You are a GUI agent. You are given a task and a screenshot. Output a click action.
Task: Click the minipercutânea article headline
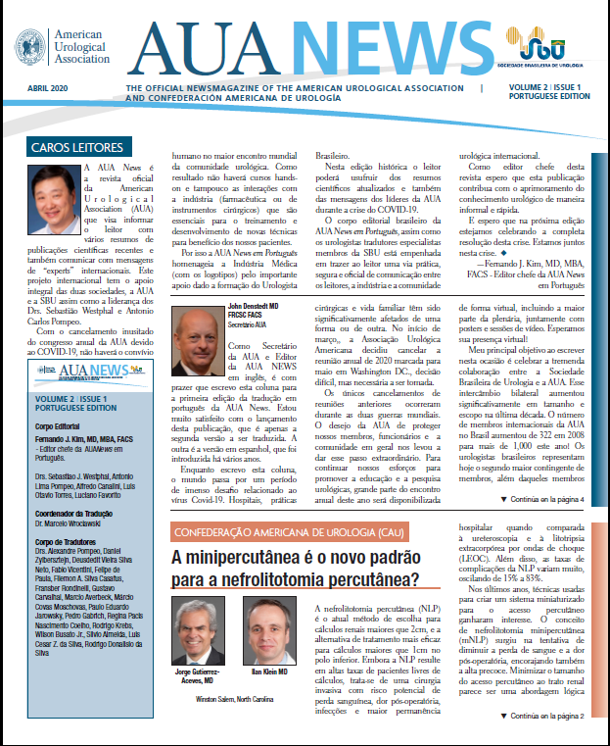click(295, 570)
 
